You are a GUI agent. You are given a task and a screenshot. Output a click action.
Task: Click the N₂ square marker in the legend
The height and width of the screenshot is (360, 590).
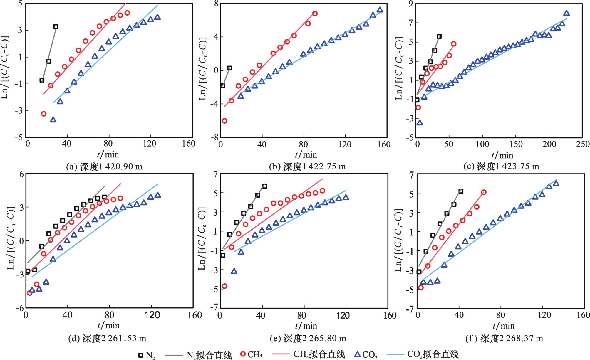click(x=141, y=355)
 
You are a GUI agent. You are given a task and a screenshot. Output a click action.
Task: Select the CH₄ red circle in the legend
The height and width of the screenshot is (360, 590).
click(x=243, y=354)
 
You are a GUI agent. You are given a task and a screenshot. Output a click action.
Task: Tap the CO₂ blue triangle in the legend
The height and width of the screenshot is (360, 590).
click(x=357, y=354)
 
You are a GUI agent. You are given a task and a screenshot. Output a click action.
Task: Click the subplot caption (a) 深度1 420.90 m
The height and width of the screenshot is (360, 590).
click(x=104, y=167)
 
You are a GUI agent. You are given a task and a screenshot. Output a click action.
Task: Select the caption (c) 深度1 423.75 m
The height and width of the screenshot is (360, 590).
click(x=501, y=166)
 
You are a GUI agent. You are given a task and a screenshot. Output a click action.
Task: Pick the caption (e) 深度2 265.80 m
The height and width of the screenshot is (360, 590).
click(x=308, y=338)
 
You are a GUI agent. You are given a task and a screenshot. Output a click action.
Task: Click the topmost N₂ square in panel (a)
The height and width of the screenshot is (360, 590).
click(x=56, y=27)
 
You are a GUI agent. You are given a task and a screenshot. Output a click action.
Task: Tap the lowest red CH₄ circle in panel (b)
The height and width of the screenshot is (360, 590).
click(x=224, y=121)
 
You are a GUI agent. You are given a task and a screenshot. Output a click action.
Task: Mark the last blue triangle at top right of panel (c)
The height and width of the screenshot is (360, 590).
click(x=566, y=13)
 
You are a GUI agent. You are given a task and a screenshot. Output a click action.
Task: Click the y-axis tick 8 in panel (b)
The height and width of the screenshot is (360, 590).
click(x=216, y=4)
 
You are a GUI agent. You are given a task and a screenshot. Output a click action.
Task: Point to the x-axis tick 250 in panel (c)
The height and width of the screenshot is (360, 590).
click(x=583, y=144)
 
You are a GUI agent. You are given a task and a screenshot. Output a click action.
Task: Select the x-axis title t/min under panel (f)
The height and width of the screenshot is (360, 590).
click(x=504, y=326)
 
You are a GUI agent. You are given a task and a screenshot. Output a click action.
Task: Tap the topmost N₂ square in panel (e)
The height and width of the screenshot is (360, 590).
click(x=264, y=186)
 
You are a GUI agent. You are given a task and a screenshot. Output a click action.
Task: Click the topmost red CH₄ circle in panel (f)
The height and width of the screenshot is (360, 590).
click(x=484, y=192)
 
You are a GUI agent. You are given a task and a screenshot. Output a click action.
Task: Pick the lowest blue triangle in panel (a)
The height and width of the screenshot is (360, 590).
click(x=53, y=120)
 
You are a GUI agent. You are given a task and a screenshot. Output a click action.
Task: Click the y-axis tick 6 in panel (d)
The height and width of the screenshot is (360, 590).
click(x=21, y=174)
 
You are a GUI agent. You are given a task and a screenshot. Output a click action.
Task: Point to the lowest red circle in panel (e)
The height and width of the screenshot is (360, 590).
click(x=224, y=286)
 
